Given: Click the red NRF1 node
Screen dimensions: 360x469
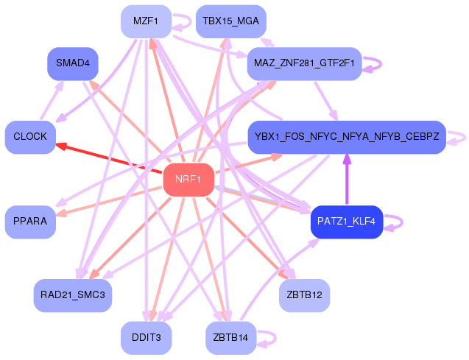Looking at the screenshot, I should (x=188, y=180).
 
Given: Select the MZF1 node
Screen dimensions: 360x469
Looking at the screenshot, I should (x=146, y=21).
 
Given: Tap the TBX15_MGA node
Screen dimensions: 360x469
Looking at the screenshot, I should (x=230, y=21).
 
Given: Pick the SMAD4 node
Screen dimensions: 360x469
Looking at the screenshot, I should (x=72, y=63).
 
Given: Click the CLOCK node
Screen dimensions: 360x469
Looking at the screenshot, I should (x=30, y=137).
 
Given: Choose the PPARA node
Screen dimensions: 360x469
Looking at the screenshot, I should (x=30, y=222).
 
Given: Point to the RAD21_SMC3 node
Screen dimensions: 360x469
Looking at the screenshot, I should (x=72, y=295).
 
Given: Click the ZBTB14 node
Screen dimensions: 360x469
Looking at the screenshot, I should (x=230, y=337).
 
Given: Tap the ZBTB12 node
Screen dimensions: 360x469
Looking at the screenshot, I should (x=304, y=295).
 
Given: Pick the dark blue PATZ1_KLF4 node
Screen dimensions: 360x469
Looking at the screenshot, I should (x=346, y=222).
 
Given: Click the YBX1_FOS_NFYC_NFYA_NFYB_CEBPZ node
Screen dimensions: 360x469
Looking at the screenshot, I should (x=346, y=137).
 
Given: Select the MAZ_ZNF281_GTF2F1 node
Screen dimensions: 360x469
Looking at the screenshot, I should (x=304, y=63).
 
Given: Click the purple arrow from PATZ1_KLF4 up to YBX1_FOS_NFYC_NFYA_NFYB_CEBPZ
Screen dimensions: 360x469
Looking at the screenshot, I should (x=346, y=180).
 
